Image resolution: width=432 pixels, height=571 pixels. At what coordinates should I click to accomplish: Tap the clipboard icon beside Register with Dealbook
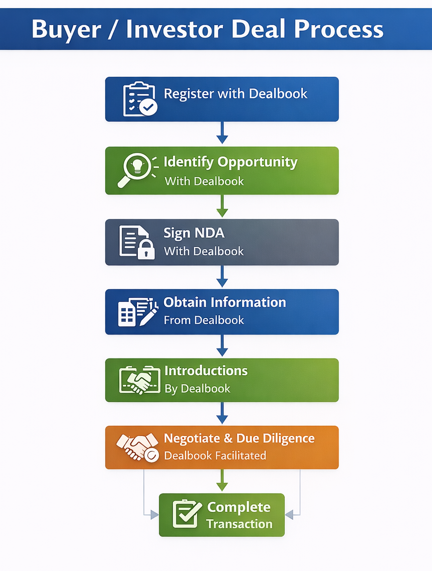click(x=139, y=99)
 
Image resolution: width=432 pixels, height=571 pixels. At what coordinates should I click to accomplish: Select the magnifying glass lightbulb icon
click(x=137, y=170)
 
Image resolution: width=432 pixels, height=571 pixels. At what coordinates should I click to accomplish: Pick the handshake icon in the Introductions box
click(x=136, y=381)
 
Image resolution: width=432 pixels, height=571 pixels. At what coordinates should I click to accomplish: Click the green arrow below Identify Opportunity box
click(x=222, y=206)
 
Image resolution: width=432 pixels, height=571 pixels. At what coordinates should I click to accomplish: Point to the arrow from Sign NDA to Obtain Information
click(x=222, y=277)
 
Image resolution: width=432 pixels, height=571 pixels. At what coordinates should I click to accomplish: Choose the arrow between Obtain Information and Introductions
click(x=222, y=346)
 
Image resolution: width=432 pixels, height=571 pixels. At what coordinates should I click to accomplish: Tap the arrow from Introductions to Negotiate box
click(x=222, y=413)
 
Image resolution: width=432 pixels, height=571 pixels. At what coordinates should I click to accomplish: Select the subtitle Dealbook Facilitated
click(x=215, y=456)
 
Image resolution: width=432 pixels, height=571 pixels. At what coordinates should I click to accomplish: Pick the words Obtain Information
click(x=225, y=302)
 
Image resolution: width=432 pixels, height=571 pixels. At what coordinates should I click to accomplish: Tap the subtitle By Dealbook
click(x=197, y=389)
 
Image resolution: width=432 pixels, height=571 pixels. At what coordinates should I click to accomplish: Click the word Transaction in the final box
click(x=239, y=524)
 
